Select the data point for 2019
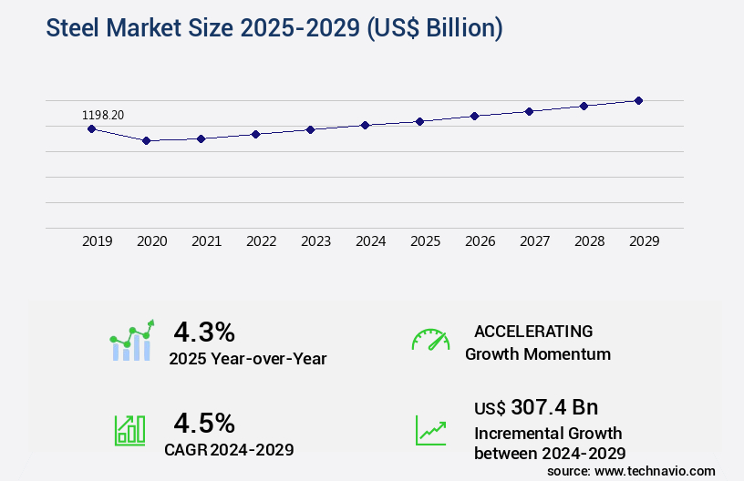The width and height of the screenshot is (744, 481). tap(91, 128)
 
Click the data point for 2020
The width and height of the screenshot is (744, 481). tap(146, 140)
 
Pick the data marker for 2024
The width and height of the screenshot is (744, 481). tap(365, 125)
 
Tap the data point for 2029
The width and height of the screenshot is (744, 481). tap(638, 100)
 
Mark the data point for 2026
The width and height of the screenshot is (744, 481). tap(474, 116)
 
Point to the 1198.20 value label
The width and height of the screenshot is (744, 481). tap(103, 115)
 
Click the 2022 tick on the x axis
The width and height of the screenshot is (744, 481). tap(261, 241)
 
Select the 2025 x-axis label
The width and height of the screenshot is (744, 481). tap(425, 241)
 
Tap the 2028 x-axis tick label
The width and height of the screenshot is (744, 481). tap(589, 241)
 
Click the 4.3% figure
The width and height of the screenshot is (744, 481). tap(204, 331)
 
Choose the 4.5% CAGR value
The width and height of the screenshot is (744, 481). tap(204, 423)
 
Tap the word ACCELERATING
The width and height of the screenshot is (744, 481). tap(533, 331)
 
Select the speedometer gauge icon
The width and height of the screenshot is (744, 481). tap(430, 340)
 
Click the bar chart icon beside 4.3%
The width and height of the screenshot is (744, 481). tap(132, 341)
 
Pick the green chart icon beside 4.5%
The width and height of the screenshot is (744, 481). tap(129, 430)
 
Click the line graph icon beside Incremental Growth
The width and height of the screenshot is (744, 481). tap(430, 430)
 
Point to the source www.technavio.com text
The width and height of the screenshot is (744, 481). tap(631, 470)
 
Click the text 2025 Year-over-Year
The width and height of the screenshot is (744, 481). tap(247, 358)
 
